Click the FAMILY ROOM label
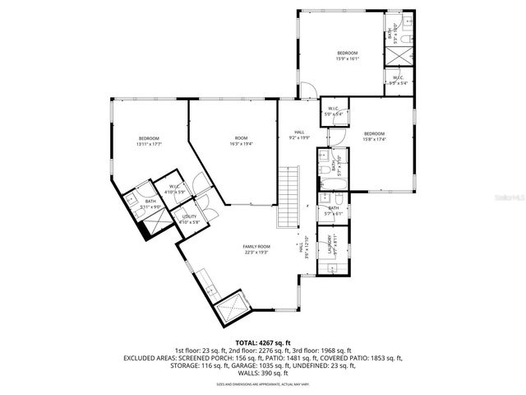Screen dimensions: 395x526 pos(256,247)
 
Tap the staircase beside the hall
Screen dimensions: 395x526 pos(288,197)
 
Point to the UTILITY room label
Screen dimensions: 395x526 pos(189,216)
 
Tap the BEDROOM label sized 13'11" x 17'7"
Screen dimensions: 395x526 pos(149,138)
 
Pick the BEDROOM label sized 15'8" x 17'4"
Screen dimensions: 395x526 pos(374,133)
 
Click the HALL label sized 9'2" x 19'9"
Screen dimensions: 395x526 pos(299,132)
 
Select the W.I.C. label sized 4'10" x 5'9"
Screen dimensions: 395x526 pos(174,187)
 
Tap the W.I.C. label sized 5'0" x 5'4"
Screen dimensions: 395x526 pos(335,109)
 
